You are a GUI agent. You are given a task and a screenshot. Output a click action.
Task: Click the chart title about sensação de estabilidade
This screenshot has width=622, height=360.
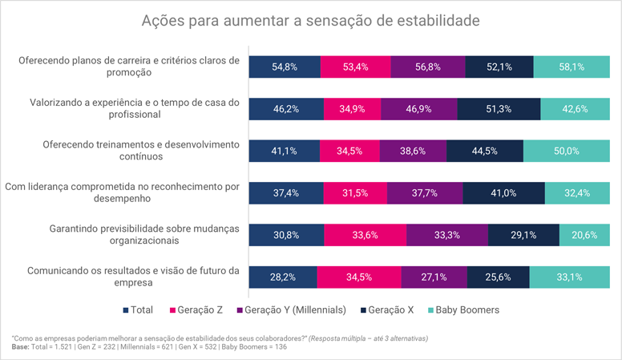click(310, 19)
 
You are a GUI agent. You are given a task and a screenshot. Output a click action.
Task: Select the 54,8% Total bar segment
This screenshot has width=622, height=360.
click(284, 67)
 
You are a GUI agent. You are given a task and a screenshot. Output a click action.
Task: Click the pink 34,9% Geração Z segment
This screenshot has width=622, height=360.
click(352, 108)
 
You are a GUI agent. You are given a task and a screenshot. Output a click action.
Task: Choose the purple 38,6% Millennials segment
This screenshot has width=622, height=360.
click(412, 151)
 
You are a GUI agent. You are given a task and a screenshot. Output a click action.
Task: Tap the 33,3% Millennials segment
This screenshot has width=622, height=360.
click(447, 235)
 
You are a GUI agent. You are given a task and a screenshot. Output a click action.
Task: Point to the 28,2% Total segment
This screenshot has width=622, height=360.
click(282, 277)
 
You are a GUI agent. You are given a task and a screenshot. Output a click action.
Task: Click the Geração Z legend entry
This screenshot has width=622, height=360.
click(198, 309)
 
